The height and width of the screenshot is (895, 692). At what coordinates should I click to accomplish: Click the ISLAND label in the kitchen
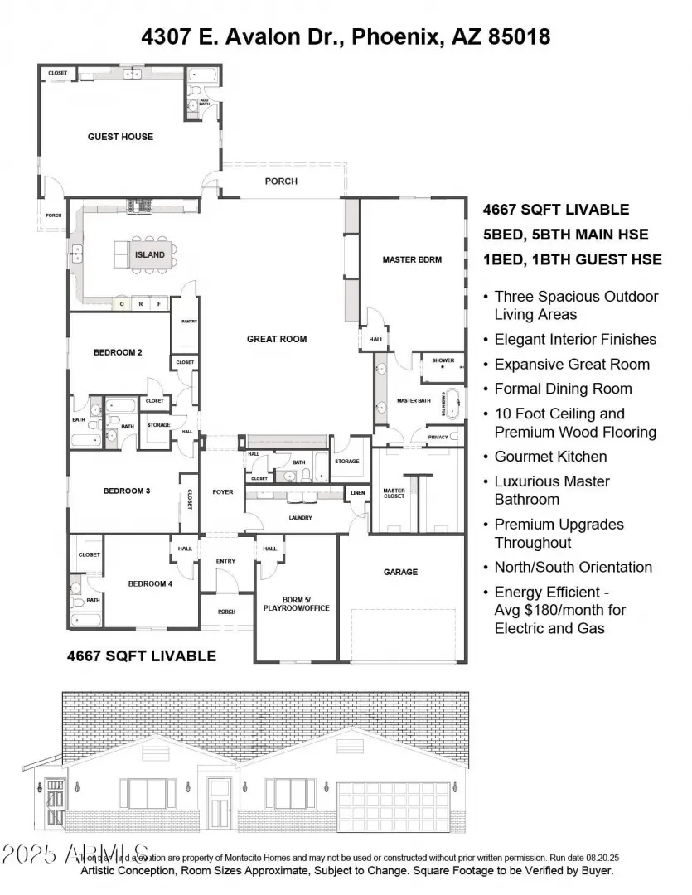[150, 255]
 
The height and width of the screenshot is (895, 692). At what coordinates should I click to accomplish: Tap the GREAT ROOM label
[277, 339]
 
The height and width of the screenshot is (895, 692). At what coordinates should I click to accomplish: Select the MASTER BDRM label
[412, 259]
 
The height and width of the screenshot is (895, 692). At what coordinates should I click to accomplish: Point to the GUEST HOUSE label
[120, 137]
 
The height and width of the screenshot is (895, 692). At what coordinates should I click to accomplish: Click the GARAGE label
[400, 572]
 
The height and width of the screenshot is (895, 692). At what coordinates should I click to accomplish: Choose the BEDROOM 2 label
[118, 352]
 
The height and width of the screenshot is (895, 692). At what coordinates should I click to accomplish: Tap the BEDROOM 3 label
[126, 491]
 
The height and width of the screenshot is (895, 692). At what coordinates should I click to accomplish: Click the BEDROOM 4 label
[150, 583]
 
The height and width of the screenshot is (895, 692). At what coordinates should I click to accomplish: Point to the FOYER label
[222, 492]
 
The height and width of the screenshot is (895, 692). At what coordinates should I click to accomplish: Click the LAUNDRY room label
[300, 518]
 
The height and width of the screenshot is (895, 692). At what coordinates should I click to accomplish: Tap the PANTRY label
[188, 322]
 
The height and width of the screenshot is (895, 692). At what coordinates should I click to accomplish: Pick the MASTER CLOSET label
[394, 493]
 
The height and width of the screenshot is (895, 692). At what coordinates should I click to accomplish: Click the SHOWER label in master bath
[443, 360]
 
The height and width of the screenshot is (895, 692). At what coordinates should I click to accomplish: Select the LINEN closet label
[357, 493]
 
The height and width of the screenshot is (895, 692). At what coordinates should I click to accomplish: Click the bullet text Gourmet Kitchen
[550, 457]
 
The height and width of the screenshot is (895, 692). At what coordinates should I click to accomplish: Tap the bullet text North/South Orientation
[573, 568]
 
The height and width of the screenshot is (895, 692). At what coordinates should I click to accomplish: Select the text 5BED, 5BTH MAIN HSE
[566, 235]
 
